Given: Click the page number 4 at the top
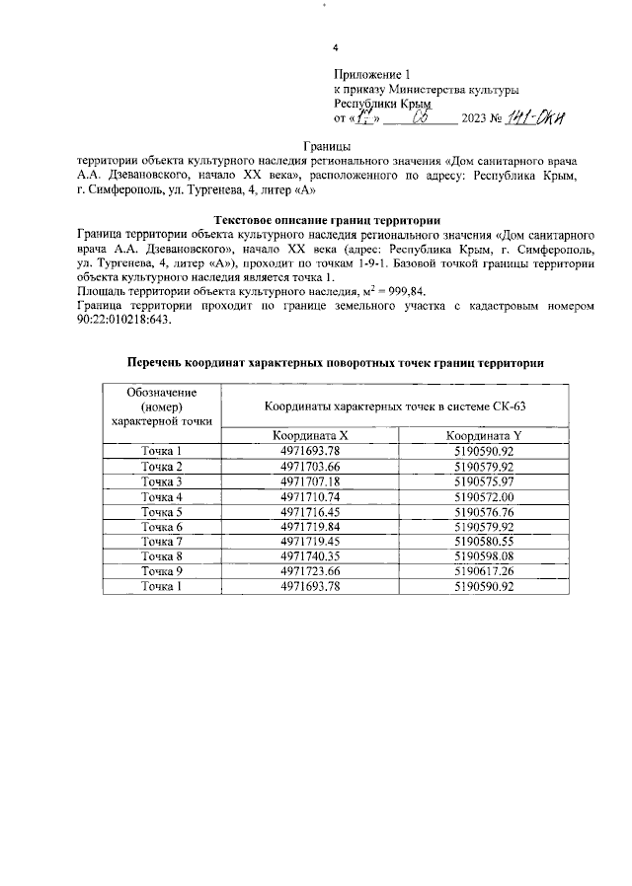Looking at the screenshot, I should pyautogui.click(x=336, y=48).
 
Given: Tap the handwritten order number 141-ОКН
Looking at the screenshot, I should pyautogui.click(x=534, y=119).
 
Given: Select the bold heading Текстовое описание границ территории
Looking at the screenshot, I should pyautogui.click(x=327, y=219).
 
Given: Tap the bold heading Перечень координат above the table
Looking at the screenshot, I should pyautogui.click(x=336, y=363).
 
